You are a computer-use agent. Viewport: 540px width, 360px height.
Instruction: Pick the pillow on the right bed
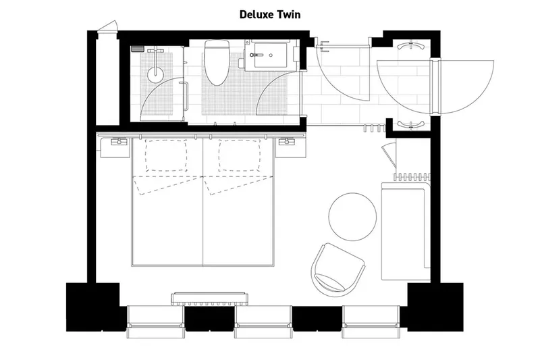click(240, 155)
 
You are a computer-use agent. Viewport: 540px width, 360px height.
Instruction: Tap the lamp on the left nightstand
click(118, 142)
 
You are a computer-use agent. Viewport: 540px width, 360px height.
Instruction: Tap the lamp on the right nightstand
click(288, 142)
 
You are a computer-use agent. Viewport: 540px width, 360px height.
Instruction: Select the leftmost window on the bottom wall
click(156, 322)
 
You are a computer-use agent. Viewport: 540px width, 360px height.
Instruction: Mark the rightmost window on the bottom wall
click(368, 322)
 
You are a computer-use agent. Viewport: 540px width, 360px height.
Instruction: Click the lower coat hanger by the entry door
click(411, 124)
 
